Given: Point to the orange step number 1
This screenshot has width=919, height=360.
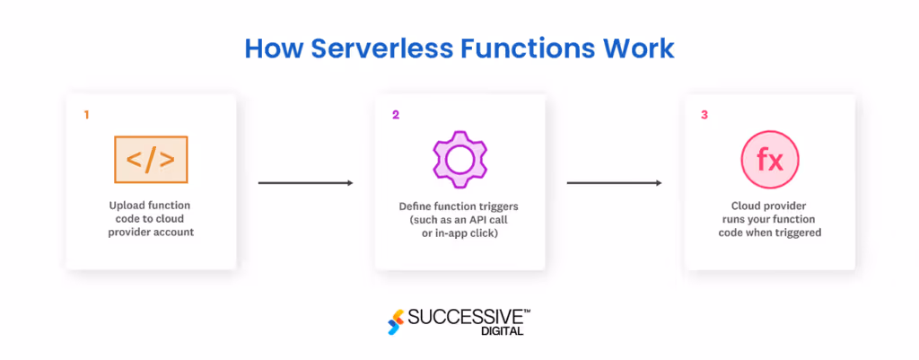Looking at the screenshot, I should pos(86,115).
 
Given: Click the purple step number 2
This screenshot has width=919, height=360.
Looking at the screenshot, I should pos(396,115).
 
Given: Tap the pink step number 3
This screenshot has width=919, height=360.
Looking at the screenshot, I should pos(705,115).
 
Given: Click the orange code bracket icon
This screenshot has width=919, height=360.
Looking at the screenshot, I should pos(151,160).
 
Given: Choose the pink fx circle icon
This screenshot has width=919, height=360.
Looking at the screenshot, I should pos(769,160).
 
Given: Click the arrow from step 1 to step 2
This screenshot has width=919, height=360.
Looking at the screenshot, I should pos(305,183).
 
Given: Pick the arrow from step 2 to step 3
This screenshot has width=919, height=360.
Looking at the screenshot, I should pos(614,183).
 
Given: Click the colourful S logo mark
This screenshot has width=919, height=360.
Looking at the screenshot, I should pos(395,321).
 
